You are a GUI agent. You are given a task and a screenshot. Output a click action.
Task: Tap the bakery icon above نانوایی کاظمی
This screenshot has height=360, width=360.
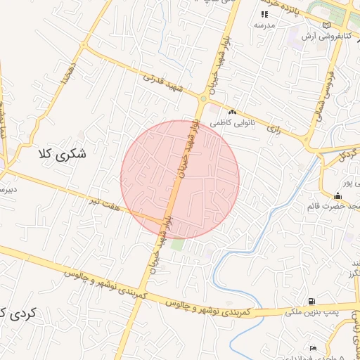tap(232, 112)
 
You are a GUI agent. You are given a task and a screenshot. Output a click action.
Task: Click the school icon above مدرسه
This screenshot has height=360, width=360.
tap(264, 14)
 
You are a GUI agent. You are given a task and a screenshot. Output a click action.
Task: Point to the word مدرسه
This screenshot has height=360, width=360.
tap(264, 25)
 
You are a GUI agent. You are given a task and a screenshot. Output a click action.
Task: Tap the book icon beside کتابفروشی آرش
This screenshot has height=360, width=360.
tap(325, 25)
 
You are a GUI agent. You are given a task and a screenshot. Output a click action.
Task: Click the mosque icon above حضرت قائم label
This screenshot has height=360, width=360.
tap(338, 195)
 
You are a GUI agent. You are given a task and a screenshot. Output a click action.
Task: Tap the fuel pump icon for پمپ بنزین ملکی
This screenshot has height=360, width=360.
tap(311, 300)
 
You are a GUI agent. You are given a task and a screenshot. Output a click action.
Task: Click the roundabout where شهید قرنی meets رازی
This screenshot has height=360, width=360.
tap(203, 98)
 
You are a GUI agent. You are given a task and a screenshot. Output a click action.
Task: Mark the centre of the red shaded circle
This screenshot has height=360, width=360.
tap(180, 179)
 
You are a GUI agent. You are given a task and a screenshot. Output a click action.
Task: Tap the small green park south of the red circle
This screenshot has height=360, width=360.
tap(178, 245)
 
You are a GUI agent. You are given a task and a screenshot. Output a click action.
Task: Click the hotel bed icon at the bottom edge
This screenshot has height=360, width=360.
tap(313, 348)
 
